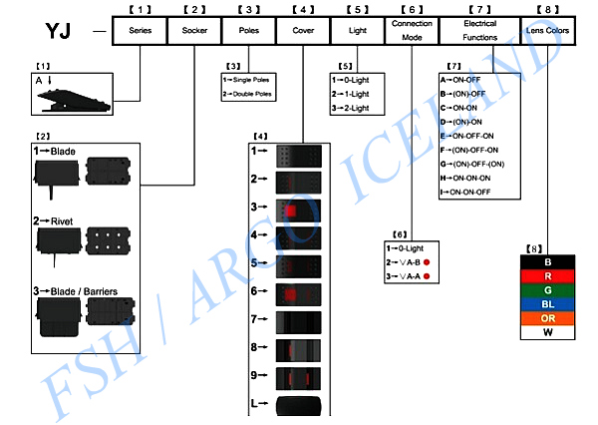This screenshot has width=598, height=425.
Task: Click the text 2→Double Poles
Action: [x=246, y=94]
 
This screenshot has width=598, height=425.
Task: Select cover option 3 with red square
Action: [x=298, y=211]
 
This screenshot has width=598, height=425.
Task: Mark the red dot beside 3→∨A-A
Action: [x=428, y=275]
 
